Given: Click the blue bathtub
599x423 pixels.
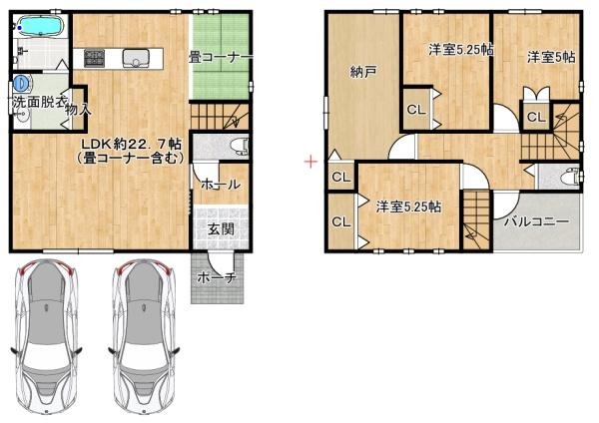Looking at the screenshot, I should tap(39, 24).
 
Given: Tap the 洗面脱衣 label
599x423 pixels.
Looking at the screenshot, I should tap(39, 103).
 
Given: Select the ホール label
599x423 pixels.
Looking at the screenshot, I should tap(219, 186).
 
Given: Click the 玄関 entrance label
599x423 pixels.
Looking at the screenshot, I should tap(221, 228).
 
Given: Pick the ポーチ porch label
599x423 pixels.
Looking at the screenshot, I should tap(216, 277).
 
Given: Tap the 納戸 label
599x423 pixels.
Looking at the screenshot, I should tap(363, 72).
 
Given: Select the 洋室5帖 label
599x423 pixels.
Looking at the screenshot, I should tap(550, 57).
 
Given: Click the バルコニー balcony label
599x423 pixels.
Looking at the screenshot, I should tap(536, 220).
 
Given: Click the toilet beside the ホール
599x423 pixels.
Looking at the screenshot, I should tap(238, 147).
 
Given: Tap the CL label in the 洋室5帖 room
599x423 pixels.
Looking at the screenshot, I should tap(535, 118).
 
